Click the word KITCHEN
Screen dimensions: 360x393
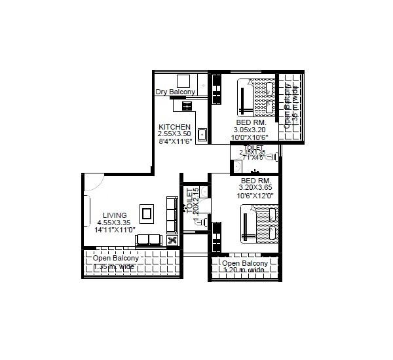[x=175, y=127]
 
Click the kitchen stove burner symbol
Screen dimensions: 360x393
[x=187, y=105]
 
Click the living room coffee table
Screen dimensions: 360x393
[x=147, y=213]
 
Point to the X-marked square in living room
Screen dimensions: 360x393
[x=173, y=240]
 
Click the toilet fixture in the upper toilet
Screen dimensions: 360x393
[x=273, y=158]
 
